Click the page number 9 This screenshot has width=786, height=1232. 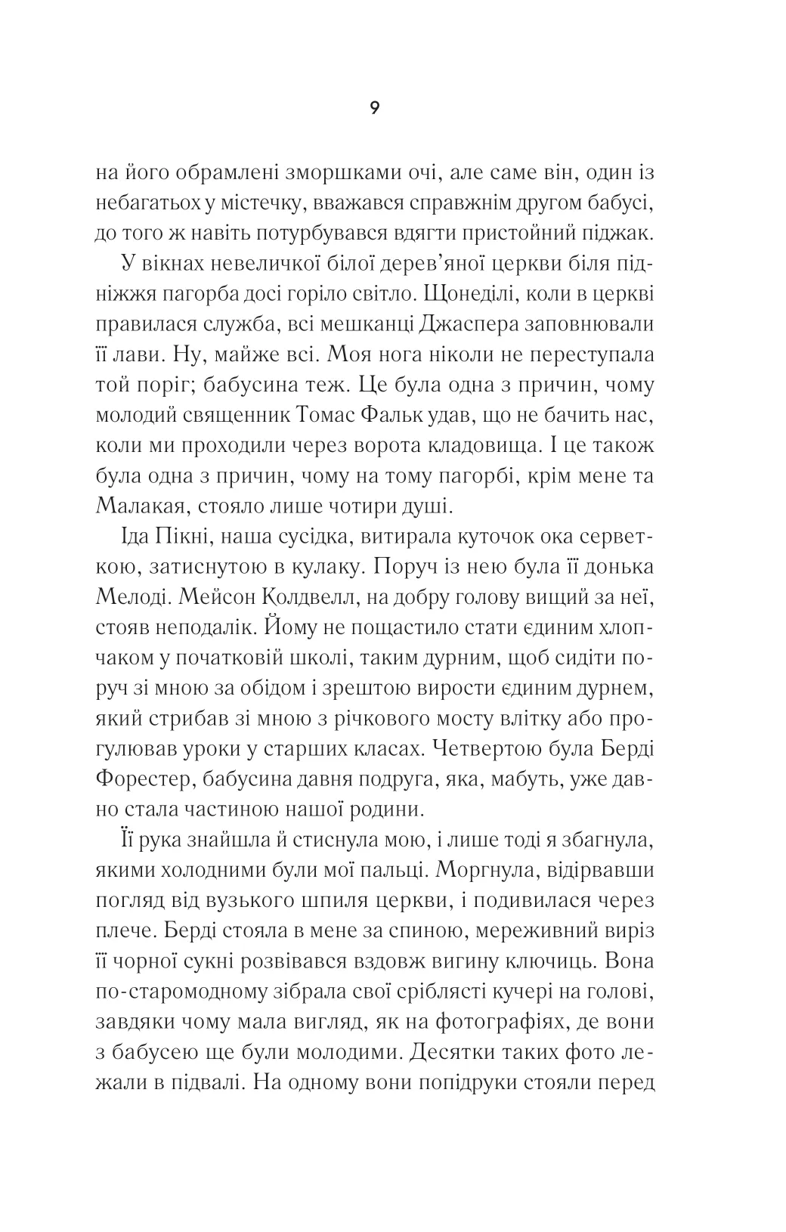[375, 108]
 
